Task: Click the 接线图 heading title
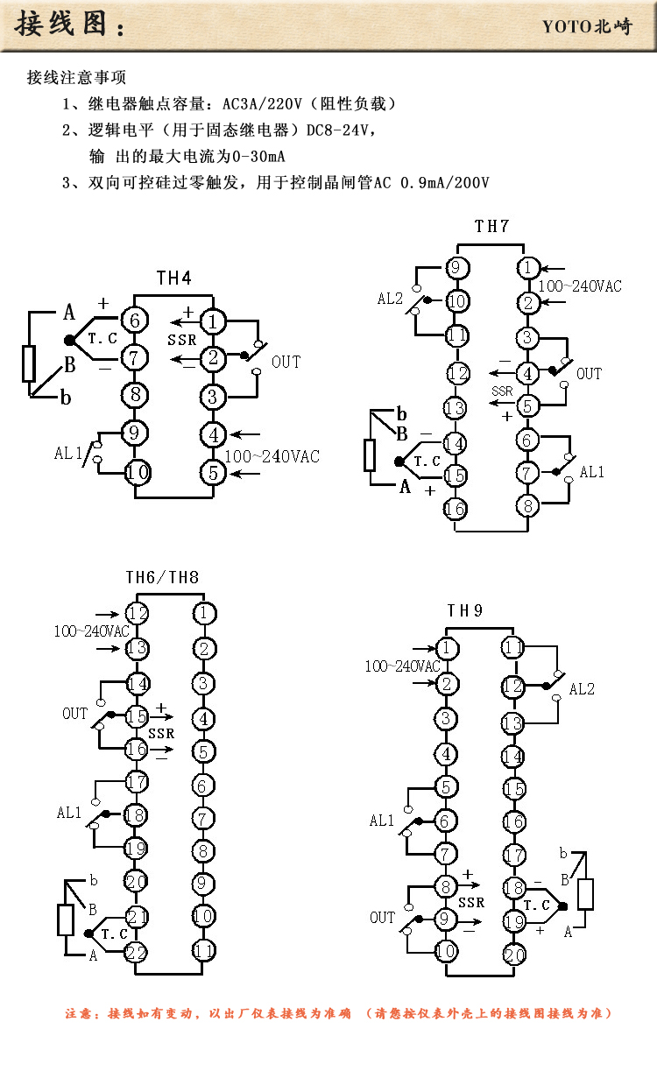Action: point(63,24)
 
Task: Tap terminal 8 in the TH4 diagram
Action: point(135,395)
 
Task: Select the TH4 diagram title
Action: point(173,278)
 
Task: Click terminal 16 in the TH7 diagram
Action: point(455,509)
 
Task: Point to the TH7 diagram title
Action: point(491,227)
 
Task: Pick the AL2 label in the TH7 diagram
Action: point(390,299)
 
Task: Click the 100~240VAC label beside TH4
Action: point(272,456)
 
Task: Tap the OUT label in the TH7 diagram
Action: point(589,374)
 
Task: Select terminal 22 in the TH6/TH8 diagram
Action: point(137,952)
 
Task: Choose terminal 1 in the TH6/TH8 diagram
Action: point(203,613)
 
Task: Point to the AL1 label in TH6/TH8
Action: point(69,813)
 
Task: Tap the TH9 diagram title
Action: point(464,611)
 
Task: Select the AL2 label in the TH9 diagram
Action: point(582,689)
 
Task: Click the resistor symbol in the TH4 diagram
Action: point(29,363)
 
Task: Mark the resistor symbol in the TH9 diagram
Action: point(585,893)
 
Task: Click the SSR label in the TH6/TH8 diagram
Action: point(161,733)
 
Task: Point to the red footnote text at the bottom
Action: point(338,1013)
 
